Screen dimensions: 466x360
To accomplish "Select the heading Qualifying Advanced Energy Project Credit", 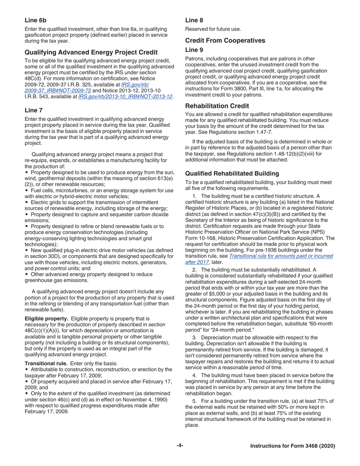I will point(91,52).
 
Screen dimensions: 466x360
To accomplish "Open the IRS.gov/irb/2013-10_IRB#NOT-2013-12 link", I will point(125,97).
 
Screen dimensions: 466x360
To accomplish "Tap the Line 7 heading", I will point(33,110).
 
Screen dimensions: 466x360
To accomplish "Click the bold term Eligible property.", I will point(47,319).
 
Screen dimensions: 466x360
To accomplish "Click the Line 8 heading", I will point(194,20).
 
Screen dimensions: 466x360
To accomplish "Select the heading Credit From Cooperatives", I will point(225,41).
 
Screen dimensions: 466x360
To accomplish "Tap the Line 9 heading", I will point(194,50).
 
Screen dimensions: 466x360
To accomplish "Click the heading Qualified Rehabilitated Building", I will point(232,174).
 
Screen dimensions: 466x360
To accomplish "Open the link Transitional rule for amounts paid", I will point(281,256).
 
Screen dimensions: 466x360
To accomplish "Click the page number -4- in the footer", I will point(180,446).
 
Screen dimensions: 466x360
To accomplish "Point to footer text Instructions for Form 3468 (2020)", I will point(293,446).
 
